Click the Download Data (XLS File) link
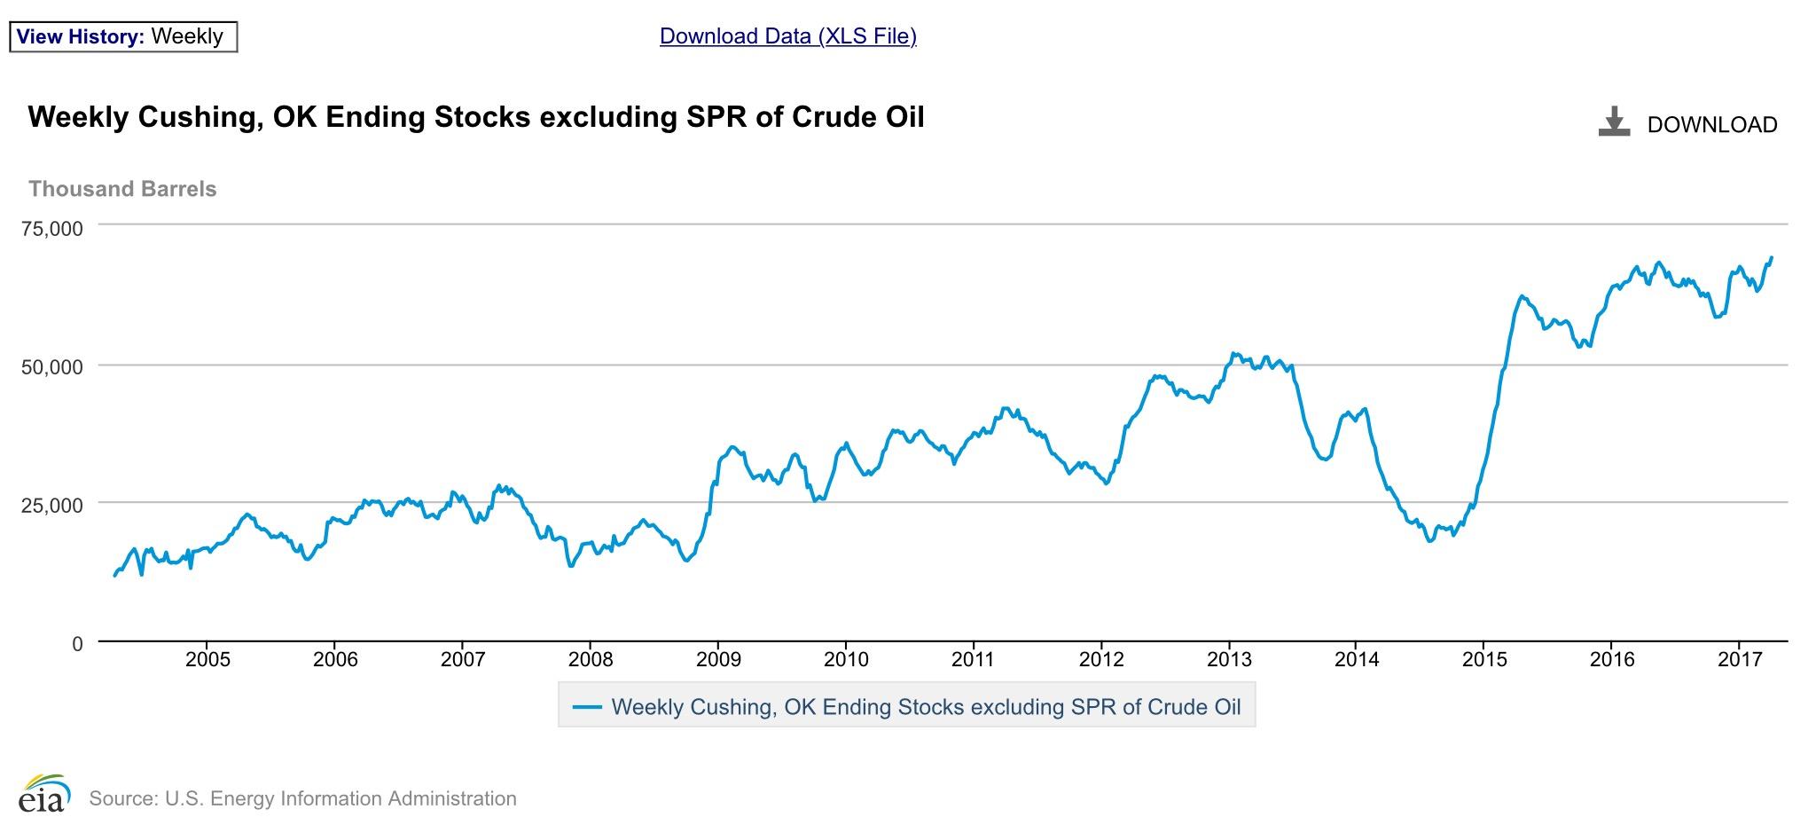click(787, 35)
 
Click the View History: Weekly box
click(122, 36)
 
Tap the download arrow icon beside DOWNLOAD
click(1614, 122)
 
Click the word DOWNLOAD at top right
click(1711, 125)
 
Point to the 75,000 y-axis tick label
click(51, 229)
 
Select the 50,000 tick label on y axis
click(51, 366)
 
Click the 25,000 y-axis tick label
click(51, 505)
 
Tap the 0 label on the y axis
click(77, 643)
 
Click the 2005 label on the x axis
click(207, 660)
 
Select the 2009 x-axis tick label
click(718, 660)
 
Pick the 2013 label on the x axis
click(1229, 660)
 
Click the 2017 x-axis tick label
click(1739, 660)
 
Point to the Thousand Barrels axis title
click(122, 189)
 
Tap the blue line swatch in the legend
click(587, 707)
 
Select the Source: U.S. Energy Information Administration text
click(302, 798)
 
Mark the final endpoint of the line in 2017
click(1772, 258)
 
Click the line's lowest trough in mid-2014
click(1429, 541)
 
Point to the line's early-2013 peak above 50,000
click(1233, 353)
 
